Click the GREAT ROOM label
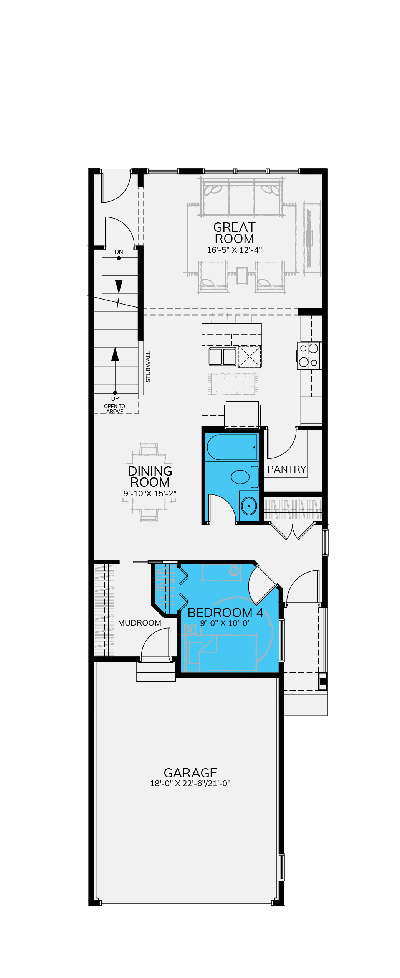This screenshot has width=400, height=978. (x=234, y=233)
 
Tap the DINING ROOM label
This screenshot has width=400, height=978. (x=150, y=476)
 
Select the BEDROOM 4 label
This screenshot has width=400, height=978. (x=225, y=612)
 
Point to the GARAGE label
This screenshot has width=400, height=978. (x=190, y=773)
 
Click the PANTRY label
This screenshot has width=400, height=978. (x=287, y=469)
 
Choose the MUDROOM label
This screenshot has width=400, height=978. (x=140, y=623)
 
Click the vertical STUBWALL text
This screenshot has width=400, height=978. (x=148, y=366)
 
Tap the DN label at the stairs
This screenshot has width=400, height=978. (x=119, y=252)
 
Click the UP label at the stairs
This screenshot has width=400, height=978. (x=115, y=399)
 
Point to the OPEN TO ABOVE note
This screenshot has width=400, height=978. (x=115, y=409)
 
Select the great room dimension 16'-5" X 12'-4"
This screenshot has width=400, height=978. (x=234, y=250)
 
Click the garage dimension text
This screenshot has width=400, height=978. (x=190, y=784)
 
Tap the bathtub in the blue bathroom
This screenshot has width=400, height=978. (x=232, y=447)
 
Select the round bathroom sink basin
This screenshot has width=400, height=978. (x=249, y=506)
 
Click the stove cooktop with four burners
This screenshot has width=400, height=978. (x=309, y=356)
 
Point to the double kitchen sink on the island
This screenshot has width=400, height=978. (x=223, y=357)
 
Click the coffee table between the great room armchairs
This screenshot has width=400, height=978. (x=242, y=275)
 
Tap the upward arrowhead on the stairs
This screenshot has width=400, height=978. (x=115, y=354)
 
